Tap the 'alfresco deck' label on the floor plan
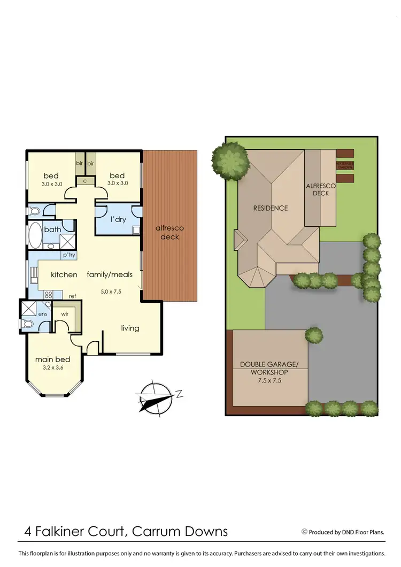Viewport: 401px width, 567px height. pos(169,232)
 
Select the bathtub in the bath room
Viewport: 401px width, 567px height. pos(36,236)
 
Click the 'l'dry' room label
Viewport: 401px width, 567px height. pos(118,220)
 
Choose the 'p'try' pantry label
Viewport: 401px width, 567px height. pos(68,255)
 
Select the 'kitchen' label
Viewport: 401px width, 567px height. pos(64,275)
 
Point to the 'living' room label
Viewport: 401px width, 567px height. pos(130,328)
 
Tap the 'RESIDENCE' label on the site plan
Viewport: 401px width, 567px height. pos(271,208)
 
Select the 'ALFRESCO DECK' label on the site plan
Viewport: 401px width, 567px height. pos(320,189)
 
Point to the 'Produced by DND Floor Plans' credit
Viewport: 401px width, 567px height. pos(350,532)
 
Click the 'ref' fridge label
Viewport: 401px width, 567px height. pos(72,296)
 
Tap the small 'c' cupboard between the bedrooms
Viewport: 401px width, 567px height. pos(85,181)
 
